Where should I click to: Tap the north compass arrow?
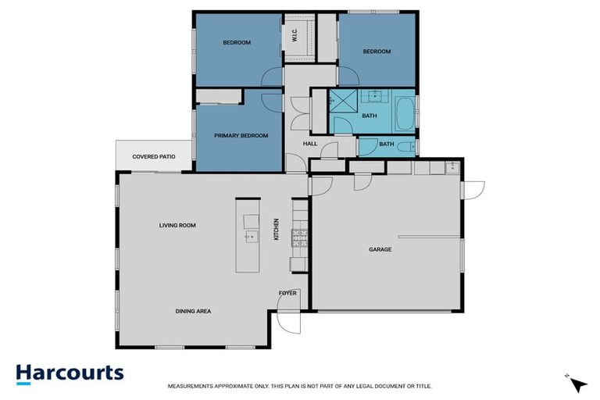pos(577,384)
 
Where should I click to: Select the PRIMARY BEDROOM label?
pos(241,136)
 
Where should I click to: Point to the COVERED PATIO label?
pos(154,157)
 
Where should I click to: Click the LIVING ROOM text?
pos(177,226)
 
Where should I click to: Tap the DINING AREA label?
pos(193,311)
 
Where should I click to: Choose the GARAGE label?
pos(380,250)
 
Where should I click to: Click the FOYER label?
pos(287,293)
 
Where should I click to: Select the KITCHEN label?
pos(276,229)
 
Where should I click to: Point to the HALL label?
pos(310,144)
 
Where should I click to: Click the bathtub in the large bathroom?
pos(405,114)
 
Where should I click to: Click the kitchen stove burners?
pos(300,237)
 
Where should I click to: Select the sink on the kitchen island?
pos(250,235)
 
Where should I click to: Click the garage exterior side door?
pos(473,189)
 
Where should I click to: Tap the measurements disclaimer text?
pos(299,386)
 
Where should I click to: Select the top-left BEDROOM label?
pos(236,43)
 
